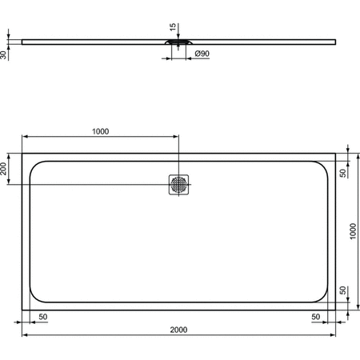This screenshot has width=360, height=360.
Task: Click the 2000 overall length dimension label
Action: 180,328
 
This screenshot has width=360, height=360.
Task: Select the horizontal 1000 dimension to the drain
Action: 100,131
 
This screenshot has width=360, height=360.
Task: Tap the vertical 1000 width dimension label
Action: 353,230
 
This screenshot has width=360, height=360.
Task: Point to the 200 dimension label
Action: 5,168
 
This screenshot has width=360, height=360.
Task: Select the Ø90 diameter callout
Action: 202,54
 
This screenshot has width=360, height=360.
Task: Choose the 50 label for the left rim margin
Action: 42,317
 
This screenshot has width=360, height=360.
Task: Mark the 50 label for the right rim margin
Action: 316,317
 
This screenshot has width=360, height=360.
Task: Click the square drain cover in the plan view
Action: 179,185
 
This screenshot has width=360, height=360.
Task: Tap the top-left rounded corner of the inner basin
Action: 36,168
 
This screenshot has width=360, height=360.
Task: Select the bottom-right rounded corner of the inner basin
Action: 321,293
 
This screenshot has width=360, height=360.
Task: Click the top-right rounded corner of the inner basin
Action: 321,168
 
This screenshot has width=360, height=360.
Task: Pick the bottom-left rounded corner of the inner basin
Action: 36,293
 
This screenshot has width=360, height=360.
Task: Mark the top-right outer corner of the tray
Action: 336,154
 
